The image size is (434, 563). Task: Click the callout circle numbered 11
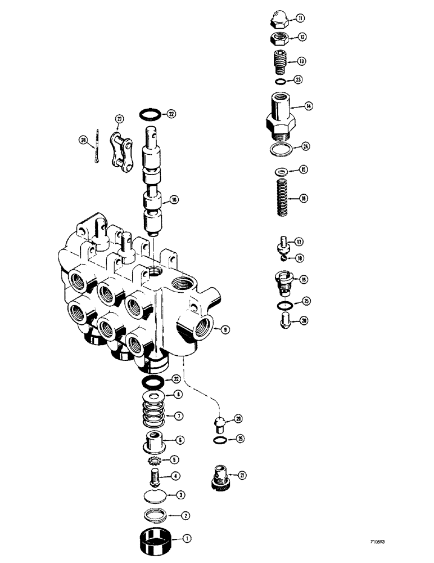coord(301,19)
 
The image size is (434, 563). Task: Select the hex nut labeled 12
coord(278,38)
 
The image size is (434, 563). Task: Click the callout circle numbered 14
coord(309,105)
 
